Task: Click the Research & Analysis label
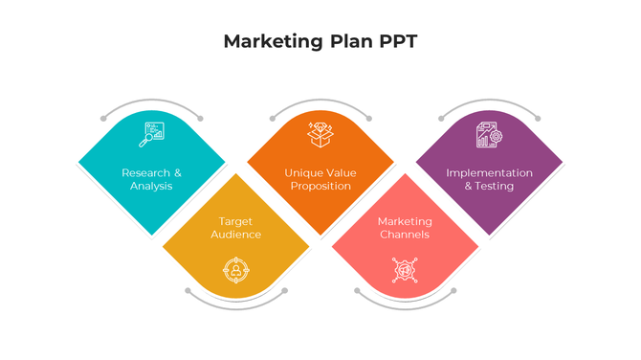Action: pos(151,179)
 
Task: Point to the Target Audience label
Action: pos(235,228)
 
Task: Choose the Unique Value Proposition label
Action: pos(320,179)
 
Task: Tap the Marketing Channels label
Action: pos(404,228)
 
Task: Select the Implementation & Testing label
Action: pos(489,179)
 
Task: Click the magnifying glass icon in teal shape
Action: pos(151,135)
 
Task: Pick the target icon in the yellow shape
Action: pos(235,270)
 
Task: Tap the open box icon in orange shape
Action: pos(320,134)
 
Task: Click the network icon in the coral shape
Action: pos(405,270)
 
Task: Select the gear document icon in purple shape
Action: pos(489,135)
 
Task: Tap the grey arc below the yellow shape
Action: pos(235,305)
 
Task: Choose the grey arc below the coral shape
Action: pos(405,305)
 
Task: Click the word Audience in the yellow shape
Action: pos(235,235)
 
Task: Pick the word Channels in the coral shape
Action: pos(404,235)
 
